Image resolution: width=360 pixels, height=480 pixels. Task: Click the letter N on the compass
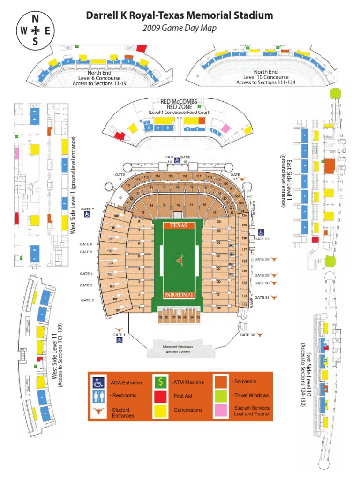[35, 19]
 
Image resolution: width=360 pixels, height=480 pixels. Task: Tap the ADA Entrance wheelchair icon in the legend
[98, 383]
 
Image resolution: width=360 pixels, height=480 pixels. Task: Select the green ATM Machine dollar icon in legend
[160, 382]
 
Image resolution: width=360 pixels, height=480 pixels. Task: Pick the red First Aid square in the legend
[160, 396]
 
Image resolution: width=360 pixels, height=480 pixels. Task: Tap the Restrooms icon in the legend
[98, 396]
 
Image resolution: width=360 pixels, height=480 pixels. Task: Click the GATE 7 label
[87, 209]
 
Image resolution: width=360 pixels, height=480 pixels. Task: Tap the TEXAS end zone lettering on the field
[179, 225]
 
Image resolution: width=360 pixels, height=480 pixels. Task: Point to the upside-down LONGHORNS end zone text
[179, 294]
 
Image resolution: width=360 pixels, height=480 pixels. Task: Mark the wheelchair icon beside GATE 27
[261, 232]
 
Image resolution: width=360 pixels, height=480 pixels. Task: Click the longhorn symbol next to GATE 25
[242, 179]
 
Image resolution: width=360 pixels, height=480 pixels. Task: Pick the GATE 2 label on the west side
[87, 300]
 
